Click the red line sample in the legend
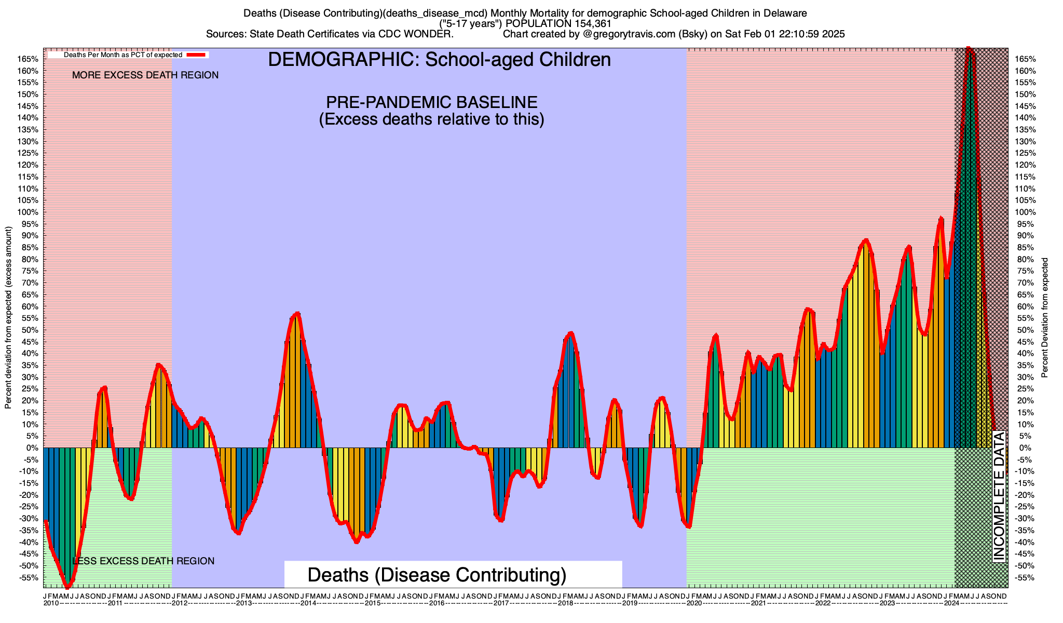[x=197, y=55]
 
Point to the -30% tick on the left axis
[x=29, y=519]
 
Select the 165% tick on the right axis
[x=1025, y=59]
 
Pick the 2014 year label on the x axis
[x=308, y=603]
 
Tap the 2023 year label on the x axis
[x=887, y=603]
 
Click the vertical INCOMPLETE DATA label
[x=999, y=496]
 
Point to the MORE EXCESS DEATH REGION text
[x=145, y=75]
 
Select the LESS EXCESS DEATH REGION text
[x=143, y=561]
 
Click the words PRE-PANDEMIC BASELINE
[x=431, y=102]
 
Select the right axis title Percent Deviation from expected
[x=1045, y=318]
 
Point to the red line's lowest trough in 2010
[x=67, y=587]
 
